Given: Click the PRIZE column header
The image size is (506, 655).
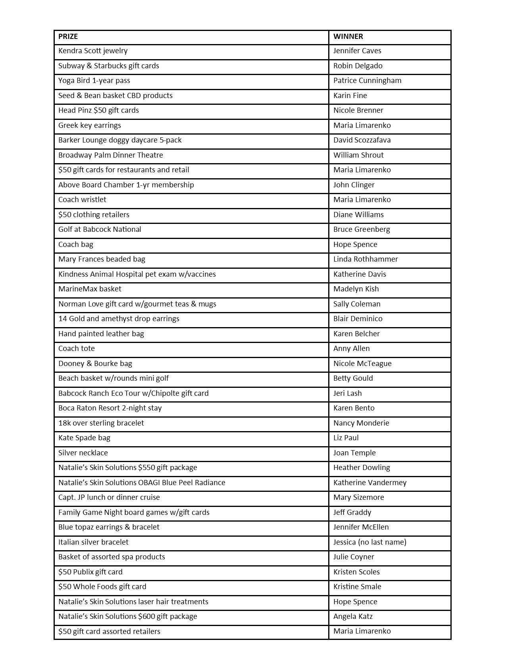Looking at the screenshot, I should pos(68,37).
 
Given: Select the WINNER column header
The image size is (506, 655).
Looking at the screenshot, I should pos(348,37).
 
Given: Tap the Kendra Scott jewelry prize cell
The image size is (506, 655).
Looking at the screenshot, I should pos(93,51).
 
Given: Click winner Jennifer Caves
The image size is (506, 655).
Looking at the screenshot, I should pos(357,51).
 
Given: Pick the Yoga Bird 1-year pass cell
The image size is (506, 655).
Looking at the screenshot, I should pos(94,81).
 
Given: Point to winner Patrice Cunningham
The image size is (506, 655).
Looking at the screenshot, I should pos(367,81).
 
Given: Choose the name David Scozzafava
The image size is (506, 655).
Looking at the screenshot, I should pos(362,140).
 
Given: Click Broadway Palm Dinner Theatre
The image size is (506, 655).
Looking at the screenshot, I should pos(110,155).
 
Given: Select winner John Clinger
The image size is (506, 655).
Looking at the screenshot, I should pos(354,185).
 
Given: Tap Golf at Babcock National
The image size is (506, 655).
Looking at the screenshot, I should pos(100,229).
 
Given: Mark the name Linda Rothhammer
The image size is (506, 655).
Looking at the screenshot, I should pos(366,259).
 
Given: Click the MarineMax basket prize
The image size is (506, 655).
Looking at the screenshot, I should pos(90,289).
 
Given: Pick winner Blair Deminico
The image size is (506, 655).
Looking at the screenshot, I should pos(358,319).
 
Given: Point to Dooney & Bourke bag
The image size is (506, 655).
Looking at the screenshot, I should pos(95,364).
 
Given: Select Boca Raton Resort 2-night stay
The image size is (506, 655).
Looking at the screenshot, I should pos(110,408).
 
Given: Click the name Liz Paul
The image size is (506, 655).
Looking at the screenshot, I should pos(346,438).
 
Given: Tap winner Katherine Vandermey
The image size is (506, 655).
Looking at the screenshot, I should pos(370,483).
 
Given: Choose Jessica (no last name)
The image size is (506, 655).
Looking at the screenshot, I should pos(369,542).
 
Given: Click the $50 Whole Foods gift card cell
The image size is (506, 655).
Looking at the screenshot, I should pos(102,587).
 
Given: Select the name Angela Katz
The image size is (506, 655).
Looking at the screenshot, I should pos(353,616).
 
